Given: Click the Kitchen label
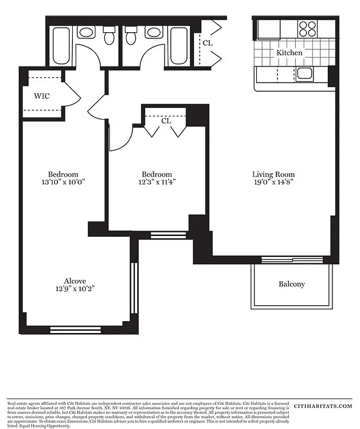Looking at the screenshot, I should [x=289, y=53].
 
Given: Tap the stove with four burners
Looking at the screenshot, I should [x=307, y=28].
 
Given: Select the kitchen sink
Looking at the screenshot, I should [x=305, y=73].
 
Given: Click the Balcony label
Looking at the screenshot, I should [x=291, y=284].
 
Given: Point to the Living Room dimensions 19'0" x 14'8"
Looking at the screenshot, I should [x=273, y=182].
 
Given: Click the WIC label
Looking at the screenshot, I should [x=42, y=97].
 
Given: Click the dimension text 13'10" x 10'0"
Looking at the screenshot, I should [x=63, y=182].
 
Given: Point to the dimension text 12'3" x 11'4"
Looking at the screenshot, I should [x=157, y=182].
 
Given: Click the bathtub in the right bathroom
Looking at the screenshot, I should [x=178, y=46].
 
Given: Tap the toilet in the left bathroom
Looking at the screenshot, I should [x=110, y=36].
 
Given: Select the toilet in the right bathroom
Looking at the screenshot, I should [x=131, y=36].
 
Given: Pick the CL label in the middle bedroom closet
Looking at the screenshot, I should [x=166, y=121].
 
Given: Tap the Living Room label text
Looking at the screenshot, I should [x=273, y=174].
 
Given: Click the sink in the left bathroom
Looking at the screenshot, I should [x=86, y=32].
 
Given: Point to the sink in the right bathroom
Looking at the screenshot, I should [x=154, y=32].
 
